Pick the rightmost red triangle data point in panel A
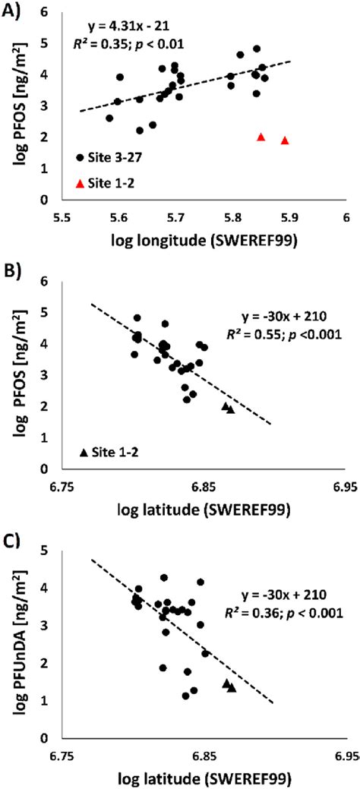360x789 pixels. (285, 140)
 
